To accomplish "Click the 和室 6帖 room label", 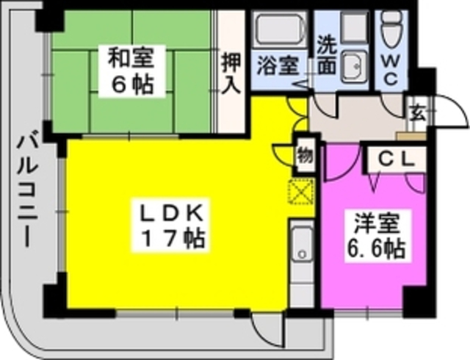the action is click(131, 71).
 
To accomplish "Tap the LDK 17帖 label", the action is click(171, 225).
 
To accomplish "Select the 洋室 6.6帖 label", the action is click(377, 236).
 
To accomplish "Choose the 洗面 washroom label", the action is click(327, 56).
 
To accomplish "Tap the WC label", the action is click(391, 71).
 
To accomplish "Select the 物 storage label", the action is click(305, 156).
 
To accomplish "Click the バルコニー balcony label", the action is click(28, 192).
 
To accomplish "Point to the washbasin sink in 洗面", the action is click(355, 66).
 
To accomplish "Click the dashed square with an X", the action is click(300, 192).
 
